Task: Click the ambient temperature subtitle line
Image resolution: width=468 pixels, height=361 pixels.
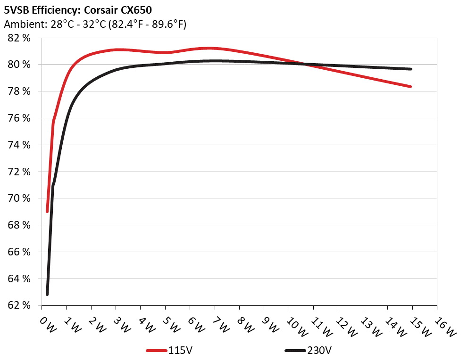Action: [95, 24]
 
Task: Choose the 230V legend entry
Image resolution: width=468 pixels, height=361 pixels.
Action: [320, 351]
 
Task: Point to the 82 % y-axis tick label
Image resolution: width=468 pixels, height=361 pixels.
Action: [19, 38]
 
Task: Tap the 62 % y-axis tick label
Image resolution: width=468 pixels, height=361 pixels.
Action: [19, 305]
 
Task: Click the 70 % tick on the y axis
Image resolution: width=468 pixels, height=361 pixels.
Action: [19, 198]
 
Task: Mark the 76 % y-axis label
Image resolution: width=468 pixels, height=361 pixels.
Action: [19, 118]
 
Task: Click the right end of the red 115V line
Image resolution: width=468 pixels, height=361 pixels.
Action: [411, 87]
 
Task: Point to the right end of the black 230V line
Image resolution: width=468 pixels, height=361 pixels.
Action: [411, 69]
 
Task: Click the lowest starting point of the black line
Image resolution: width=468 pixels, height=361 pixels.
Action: [47, 295]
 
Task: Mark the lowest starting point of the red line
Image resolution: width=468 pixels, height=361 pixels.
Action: [47, 212]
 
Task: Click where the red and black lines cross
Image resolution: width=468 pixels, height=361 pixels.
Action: [304, 64]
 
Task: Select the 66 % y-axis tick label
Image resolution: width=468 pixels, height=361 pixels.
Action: [19, 252]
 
